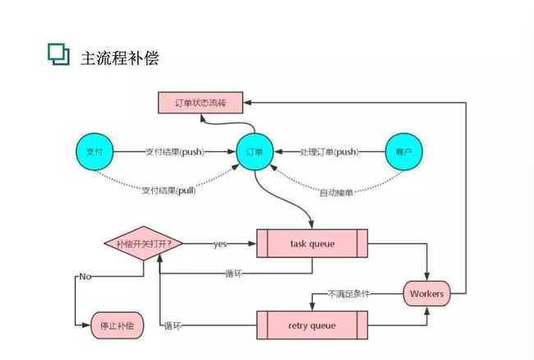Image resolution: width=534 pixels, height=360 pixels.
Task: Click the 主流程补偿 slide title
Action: [120, 58]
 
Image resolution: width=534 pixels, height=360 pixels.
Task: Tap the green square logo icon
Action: [58, 53]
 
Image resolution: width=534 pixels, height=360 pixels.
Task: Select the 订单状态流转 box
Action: [200, 103]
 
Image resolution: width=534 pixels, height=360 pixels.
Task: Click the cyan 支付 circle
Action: [94, 151]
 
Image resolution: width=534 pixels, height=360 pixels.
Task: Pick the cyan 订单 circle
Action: [255, 152]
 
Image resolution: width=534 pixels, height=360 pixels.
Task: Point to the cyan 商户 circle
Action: [404, 151]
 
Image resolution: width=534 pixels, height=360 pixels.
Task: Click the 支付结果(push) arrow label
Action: [175, 152]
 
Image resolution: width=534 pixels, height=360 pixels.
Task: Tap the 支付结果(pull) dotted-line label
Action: [169, 191]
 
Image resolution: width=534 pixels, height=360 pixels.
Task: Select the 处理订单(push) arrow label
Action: [329, 152]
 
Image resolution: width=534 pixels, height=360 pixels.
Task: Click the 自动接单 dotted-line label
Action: [336, 193]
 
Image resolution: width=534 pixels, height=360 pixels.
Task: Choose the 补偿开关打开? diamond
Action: [144, 243]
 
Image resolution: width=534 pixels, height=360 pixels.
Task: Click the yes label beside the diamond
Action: [220, 244]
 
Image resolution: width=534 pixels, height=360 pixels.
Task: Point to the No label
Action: [85, 276]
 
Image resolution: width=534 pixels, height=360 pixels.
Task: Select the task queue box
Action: [312, 243]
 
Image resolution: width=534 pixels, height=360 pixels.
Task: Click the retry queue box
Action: [312, 325]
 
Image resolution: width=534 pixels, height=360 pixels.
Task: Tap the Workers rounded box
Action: [426, 293]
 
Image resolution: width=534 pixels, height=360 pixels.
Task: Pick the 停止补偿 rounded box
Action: [117, 325]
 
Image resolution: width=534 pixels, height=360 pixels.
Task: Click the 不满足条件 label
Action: [348, 293]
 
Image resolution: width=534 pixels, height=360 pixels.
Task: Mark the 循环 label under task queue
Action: [233, 274]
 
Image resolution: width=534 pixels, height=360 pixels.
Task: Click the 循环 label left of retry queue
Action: [173, 326]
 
